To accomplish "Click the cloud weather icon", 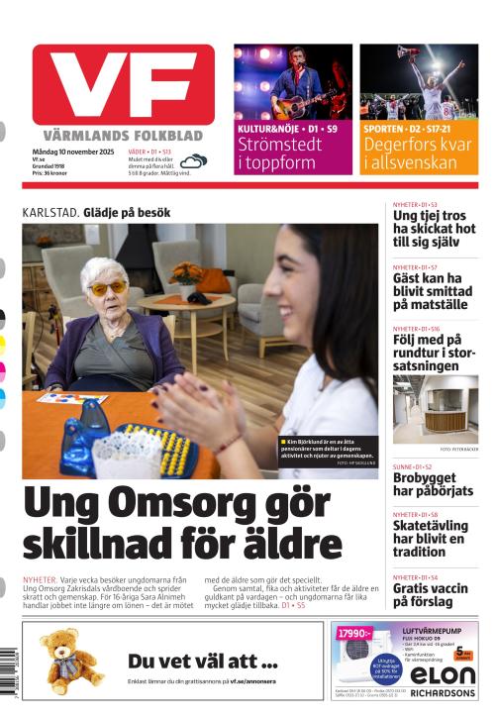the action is click(x=194, y=160).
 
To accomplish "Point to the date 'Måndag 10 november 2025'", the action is click(x=70, y=150).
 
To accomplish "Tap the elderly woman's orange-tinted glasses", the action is click(x=108, y=287).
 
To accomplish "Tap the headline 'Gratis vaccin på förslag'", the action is click(x=430, y=595).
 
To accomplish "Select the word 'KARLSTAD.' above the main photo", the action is click(x=50, y=213).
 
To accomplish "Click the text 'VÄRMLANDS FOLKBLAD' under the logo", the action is click(x=123, y=135).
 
